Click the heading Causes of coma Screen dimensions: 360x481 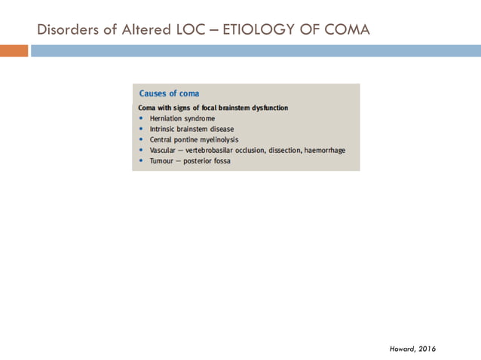[x=170, y=93]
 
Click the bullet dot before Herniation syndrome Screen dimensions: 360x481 [x=142, y=118]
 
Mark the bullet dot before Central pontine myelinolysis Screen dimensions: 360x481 [x=142, y=139]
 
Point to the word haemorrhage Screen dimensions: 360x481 [x=324, y=150]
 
